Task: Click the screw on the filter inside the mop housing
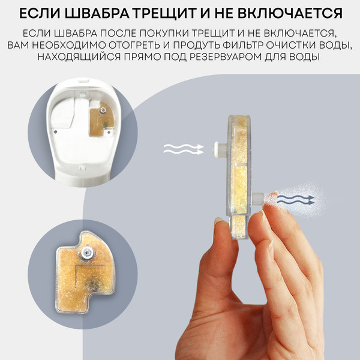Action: tap(103, 110)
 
